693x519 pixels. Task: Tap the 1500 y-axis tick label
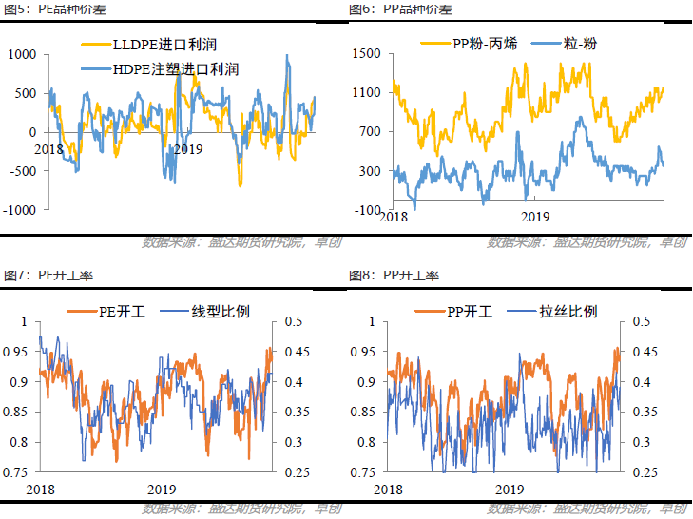point(367,54)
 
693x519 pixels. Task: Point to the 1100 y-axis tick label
point(367,93)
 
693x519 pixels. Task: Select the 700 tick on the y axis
point(371,132)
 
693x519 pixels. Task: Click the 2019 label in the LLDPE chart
point(188,149)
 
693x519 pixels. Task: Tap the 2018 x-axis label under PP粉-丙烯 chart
point(393,218)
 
